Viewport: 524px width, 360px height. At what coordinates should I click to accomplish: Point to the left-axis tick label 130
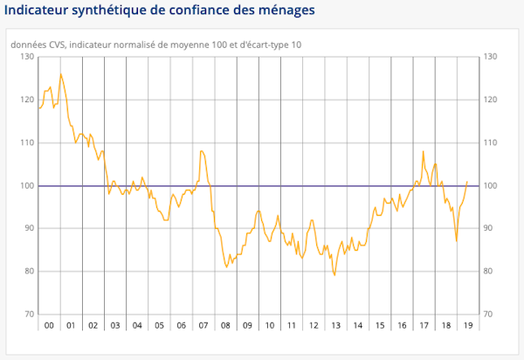point(27,57)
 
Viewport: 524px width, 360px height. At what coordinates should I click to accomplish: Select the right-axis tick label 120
point(491,100)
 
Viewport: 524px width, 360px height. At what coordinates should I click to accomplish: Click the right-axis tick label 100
point(491,185)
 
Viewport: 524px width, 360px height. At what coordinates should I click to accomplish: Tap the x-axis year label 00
point(49,326)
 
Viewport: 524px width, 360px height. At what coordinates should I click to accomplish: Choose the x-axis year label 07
point(203,326)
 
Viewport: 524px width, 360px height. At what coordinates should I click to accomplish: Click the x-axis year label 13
point(335,326)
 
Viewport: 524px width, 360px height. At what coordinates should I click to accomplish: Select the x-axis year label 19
point(467,326)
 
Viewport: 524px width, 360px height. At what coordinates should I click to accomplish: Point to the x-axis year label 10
point(269,326)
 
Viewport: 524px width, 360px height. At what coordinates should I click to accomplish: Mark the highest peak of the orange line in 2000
point(60,73)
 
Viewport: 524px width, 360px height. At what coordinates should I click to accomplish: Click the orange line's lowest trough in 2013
point(334,275)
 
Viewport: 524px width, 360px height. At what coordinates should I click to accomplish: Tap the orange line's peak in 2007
point(202,151)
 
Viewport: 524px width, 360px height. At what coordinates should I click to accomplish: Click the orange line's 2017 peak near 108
point(424,151)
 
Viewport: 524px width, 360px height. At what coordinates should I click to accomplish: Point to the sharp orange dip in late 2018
point(457,241)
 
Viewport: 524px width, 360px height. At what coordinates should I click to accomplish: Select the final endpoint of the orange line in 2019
point(468,182)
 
